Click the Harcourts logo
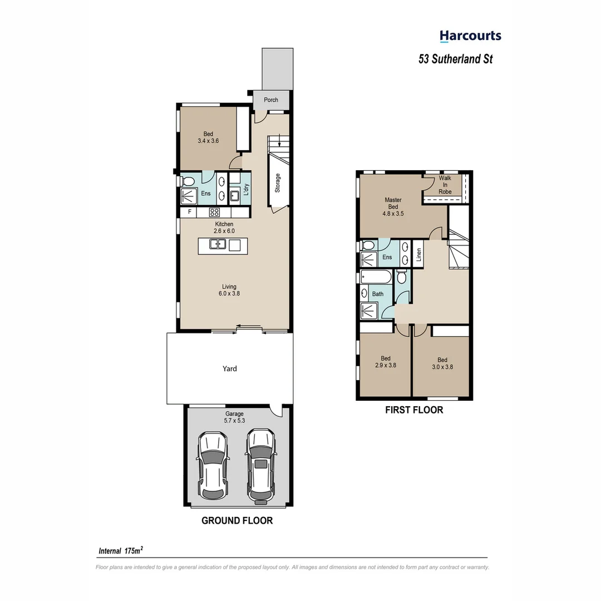[470, 37]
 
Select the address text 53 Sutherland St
[455, 59]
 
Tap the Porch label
[271, 100]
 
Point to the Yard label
[230, 368]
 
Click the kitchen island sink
[217, 244]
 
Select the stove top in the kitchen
[214, 212]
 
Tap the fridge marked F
[190, 212]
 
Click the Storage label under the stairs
[277, 183]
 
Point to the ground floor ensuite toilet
[187, 181]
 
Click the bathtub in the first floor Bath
[376, 277]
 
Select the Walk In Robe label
[445, 185]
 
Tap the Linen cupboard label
[419, 254]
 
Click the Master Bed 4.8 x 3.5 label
[393, 206]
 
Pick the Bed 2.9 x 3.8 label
[385, 362]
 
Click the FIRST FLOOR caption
[414, 410]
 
